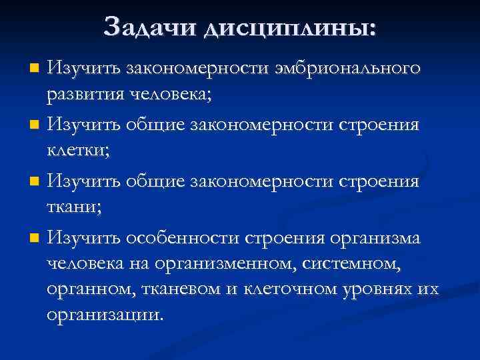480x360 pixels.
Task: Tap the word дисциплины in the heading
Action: (289, 27)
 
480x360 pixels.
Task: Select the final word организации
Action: (104, 315)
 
